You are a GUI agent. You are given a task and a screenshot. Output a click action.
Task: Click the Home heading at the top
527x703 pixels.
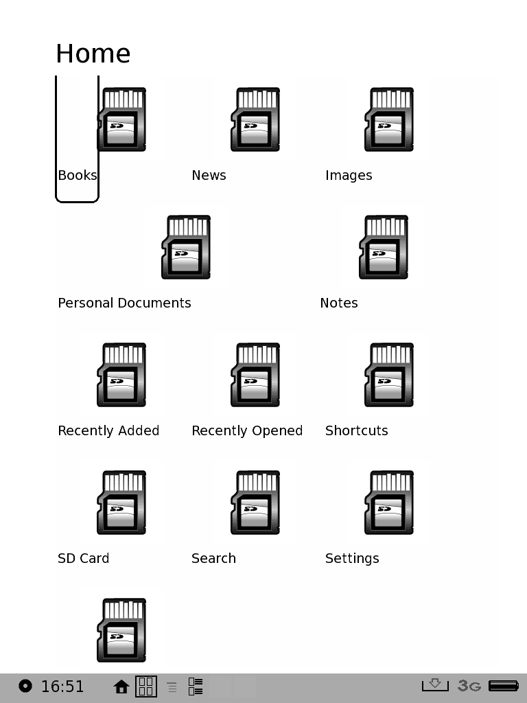(93, 54)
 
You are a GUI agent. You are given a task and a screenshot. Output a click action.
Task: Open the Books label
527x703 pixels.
(78, 175)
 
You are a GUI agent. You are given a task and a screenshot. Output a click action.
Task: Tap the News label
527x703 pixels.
(209, 175)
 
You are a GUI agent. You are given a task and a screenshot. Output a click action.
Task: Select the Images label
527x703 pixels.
(349, 175)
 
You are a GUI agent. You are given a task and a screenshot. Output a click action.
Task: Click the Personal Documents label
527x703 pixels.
(124, 303)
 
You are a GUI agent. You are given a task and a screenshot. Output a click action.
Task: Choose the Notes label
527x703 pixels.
(339, 303)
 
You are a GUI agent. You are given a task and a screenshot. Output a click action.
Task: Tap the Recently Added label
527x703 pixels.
(108, 430)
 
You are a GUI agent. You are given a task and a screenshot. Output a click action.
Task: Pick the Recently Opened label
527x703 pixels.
(247, 430)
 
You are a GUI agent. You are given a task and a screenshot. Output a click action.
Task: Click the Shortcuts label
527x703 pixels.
(357, 430)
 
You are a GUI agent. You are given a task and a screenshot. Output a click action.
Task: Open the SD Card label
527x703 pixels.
(83, 558)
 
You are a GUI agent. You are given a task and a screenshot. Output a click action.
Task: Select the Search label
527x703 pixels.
(213, 558)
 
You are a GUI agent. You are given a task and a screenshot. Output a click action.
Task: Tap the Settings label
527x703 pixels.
(352, 558)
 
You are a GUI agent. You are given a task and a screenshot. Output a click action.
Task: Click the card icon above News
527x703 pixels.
(255, 119)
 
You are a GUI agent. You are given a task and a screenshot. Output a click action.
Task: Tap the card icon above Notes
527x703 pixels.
(384, 247)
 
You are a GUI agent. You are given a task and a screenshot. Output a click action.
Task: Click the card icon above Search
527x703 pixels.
(255, 502)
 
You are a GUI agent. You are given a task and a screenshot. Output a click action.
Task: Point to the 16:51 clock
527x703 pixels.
(62, 687)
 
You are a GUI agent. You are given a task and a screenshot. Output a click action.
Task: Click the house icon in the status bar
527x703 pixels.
(121, 687)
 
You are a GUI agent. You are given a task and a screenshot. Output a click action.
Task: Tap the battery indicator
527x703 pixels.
(504, 685)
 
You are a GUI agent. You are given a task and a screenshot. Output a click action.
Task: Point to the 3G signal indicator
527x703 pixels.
(469, 685)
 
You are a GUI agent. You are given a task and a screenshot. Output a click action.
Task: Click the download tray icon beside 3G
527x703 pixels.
(434, 684)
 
